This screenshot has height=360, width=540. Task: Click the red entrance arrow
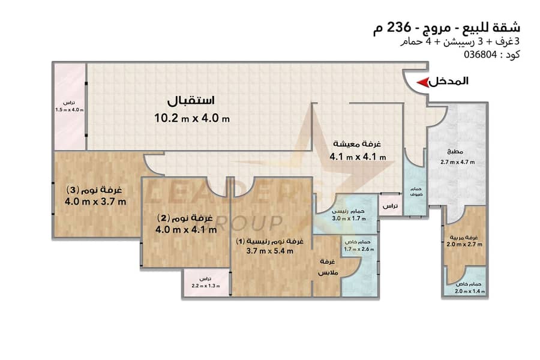tap(423, 83)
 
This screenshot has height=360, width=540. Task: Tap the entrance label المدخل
tap(449, 82)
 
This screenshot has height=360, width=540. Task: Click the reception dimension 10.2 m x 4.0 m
tap(192, 118)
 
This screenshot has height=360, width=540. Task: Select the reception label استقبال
tap(191, 101)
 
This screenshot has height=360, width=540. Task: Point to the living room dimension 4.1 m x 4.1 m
tap(358, 157)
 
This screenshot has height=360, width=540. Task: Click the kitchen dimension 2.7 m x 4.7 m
tap(457, 162)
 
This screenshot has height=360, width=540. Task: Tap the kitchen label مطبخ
tap(455, 151)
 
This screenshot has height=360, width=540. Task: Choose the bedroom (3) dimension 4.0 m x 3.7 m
tap(95, 202)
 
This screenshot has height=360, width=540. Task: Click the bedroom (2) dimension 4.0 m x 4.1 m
tap(187, 229)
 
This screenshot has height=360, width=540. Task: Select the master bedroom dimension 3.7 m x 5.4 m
tap(269, 251)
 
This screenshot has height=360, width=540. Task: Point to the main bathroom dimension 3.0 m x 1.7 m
tap(349, 218)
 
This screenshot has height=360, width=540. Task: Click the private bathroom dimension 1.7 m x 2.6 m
tap(359, 249)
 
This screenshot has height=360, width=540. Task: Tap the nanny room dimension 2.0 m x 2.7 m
tap(464, 245)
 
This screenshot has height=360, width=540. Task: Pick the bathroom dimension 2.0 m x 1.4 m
tap(470, 292)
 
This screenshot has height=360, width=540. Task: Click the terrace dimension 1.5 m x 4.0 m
tap(70, 110)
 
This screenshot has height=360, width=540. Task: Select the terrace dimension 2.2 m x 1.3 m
tap(206, 286)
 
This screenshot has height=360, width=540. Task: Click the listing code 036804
tap(481, 55)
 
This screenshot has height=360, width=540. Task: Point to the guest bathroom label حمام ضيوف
tap(416, 192)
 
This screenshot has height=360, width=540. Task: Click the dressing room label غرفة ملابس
tap(328, 267)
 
